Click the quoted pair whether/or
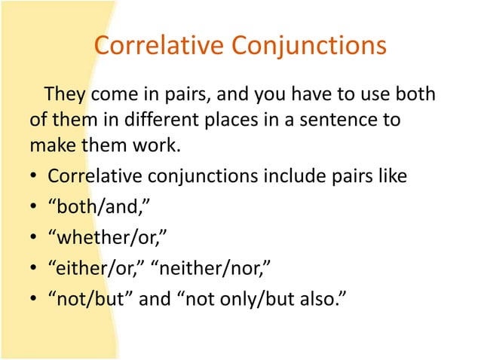(106, 239)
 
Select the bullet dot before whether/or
(35, 240)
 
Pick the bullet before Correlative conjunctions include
(35, 178)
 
